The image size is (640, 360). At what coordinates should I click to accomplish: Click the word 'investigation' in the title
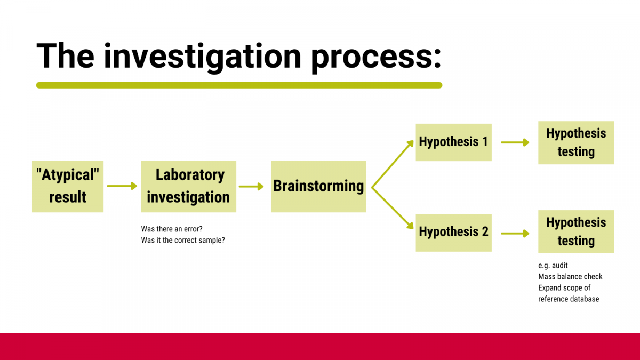[x=202, y=55]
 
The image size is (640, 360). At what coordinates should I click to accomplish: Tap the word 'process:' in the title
[x=376, y=56]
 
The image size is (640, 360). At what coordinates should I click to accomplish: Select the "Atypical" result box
[x=68, y=186]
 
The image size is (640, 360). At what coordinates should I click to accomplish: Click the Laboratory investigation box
[x=188, y=186]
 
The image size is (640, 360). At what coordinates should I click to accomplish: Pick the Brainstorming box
[x=318, y=186]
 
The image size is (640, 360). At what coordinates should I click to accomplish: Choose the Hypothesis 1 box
[x=453, y=142]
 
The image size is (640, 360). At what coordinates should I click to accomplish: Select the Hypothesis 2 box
[x=453, y=232]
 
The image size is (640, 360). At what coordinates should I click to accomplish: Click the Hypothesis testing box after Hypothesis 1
[x=576, y=142]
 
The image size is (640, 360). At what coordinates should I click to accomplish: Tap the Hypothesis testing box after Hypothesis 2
[x=576, y=231]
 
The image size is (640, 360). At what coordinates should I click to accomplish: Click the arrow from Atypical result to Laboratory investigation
[x=122, y=186]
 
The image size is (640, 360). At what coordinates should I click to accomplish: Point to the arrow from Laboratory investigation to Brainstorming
[x=251, y=186]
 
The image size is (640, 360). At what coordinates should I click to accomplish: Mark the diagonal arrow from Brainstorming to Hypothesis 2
[x=393, y=209]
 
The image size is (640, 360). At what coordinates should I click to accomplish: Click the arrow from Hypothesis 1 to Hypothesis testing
[x=515, y=142]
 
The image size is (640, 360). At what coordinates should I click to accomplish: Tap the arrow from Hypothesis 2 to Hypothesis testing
[x=515, y=233]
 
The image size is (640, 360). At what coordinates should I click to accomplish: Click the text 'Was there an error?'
[x=172, y=229]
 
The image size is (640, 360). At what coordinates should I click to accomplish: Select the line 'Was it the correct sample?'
[x=183, y=240]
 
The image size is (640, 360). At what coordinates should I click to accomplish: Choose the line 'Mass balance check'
[x=570, y=276]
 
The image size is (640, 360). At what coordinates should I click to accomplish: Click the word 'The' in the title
[x=65, y=55]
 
